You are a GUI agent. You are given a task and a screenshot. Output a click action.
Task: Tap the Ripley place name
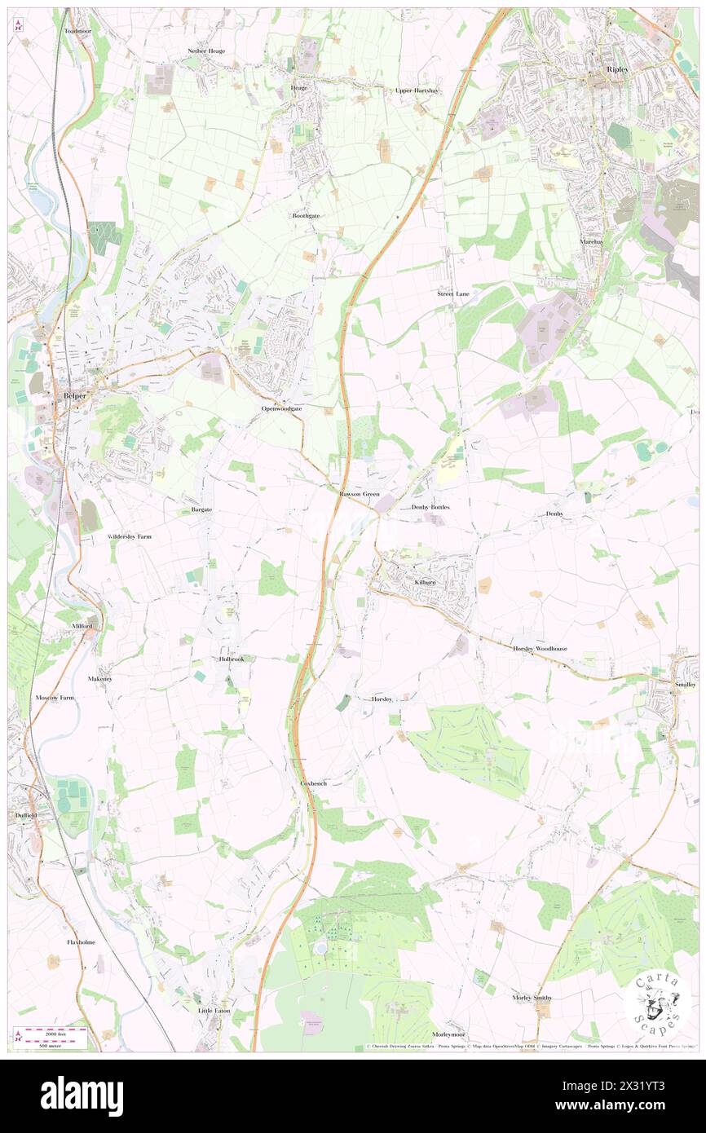617,70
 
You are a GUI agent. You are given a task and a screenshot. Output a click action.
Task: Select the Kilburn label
426,583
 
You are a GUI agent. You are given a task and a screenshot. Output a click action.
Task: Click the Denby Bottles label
430,507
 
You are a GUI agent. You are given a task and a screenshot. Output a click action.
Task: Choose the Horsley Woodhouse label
540,648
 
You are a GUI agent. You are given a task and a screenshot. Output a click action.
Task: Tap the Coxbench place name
313,783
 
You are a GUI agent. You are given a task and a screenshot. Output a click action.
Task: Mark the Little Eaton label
214,1010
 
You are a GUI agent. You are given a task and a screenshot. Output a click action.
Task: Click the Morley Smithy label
532,998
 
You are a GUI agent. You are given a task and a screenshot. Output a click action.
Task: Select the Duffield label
27,815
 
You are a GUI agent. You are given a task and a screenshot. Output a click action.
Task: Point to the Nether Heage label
205,51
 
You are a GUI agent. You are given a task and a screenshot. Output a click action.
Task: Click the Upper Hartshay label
417,90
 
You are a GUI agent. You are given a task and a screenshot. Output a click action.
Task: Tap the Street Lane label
453,293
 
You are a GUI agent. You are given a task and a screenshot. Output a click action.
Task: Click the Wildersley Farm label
130,537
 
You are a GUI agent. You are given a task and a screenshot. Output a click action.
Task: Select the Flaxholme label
82,942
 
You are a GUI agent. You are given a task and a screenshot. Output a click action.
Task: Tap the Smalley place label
685,685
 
